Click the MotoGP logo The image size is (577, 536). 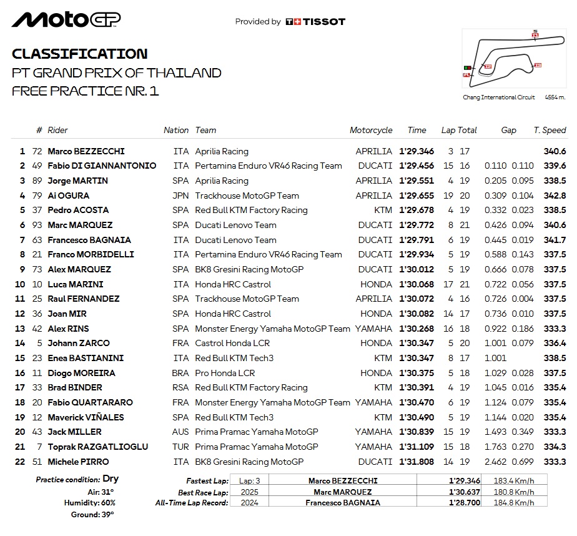[66, 20]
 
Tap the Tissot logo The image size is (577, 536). [315, 21]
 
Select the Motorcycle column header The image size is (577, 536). [371, 130]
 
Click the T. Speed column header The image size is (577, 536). [550, 130]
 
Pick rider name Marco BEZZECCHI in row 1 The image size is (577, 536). [86, 151]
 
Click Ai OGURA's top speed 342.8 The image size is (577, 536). [555, 196]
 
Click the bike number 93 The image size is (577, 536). [39, 225]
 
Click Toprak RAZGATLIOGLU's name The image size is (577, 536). [87, 447]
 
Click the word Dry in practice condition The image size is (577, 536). [111, 479]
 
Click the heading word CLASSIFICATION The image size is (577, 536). [80, 54]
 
